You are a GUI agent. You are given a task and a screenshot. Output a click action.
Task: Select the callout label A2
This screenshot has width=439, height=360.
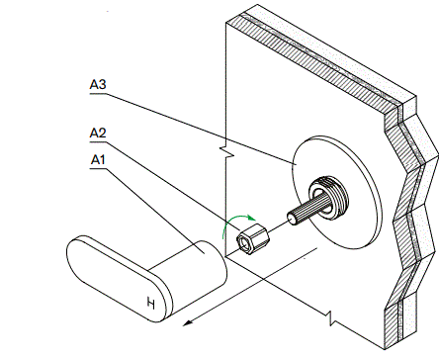tap(98, 132)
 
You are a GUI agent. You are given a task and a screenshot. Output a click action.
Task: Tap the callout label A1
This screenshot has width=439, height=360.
tap(98, 158)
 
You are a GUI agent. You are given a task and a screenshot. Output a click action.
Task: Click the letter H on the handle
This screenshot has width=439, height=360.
tap(150, 302)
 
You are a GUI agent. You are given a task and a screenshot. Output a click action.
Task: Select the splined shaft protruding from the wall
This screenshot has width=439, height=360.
tap(301, 211)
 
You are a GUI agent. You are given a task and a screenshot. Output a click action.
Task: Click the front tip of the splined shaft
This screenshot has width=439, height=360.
tap(290, 217)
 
